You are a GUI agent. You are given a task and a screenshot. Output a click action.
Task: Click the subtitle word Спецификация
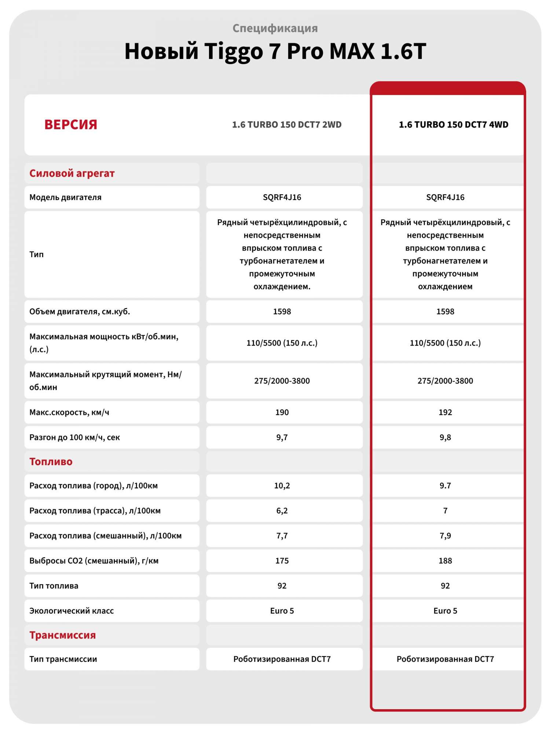(x=275, y=28)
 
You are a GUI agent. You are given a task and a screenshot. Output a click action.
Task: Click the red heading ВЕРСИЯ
(x=71, y=125)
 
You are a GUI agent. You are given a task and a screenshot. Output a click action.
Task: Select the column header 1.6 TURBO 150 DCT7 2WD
(x=287, y=125)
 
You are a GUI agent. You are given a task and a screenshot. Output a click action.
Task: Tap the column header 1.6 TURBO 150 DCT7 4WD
(x=454, y=125)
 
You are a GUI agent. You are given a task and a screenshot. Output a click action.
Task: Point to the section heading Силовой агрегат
(x=72, y=173)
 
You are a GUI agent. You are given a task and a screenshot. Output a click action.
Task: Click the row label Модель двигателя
(x=65, y=197)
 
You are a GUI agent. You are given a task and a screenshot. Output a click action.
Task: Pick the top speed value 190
(x=282, y=412)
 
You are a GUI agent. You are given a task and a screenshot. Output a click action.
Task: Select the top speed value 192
(x=445, y=412)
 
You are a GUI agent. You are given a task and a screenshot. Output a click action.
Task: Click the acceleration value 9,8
(x=445, y=437)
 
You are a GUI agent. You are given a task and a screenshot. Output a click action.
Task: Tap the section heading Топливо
(x=51, y=461)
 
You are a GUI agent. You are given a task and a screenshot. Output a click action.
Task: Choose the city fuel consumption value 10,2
(x=282, y=486)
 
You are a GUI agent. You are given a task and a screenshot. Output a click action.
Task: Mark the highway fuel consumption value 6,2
(x=282, y=511)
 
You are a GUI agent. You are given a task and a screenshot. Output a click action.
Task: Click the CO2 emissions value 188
(x=445, y=561)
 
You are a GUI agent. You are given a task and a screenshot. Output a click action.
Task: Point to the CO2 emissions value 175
(x=282, y=561)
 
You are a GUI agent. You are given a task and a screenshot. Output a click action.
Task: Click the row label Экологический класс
(x=71, y=611)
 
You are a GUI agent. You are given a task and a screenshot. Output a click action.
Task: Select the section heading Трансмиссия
(x=62, y=635)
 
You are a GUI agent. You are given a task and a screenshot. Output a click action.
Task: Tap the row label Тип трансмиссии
(x=63, y=659)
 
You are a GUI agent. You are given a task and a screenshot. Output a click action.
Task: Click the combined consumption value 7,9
(x=445, y=536)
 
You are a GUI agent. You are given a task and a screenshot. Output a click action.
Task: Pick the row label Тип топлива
(x=54, y=586)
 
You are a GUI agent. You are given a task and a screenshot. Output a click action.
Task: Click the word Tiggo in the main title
(x=234, y=51)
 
